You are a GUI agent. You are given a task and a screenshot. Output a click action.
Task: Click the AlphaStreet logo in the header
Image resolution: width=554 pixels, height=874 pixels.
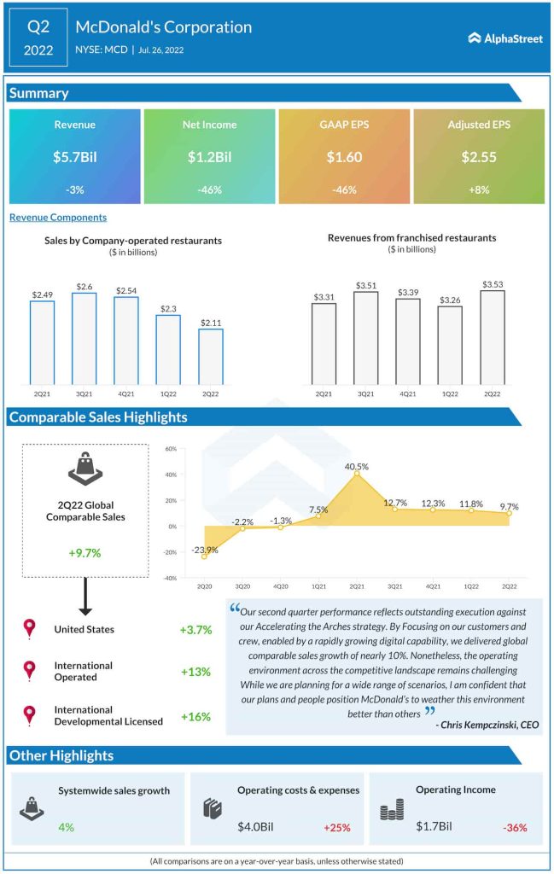click(x=505, y=38)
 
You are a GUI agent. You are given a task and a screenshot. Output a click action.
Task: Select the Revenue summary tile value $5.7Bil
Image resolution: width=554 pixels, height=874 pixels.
click(x=74, y=158)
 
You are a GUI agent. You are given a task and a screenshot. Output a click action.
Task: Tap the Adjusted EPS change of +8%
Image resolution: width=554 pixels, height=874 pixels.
click(x=479, y=189)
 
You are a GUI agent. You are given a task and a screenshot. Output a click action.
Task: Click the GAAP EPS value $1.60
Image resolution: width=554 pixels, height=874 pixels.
click(x=344, y=158)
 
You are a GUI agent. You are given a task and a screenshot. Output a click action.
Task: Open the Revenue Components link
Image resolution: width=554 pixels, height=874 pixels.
click(x=58, y=218)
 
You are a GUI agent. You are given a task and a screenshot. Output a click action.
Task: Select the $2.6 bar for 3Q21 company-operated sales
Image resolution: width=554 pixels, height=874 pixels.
click(x=84, y=338)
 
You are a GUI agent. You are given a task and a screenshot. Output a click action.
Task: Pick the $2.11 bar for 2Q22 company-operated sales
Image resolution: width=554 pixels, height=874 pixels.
click(x=211, y=356)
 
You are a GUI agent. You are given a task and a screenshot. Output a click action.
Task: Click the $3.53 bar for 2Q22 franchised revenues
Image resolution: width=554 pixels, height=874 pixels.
click(x=493, y=336)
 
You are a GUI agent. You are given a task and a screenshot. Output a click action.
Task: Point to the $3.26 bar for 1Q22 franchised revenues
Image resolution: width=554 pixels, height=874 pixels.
click(x=450, y=345)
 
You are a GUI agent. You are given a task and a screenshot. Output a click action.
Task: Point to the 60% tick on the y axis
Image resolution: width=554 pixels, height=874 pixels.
click(x=171, y=449)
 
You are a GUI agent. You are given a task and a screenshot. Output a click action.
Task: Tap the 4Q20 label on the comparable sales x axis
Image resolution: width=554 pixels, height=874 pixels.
click(x=281, y=587)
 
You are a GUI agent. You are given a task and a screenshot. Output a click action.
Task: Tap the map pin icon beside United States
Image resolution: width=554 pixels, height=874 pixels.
click(x=30, y=630)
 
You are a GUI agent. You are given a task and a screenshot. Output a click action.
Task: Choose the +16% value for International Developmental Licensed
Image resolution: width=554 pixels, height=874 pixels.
click(x=195, y=716)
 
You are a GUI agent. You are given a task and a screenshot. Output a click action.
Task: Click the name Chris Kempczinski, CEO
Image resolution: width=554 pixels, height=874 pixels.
click(x=487, y=725)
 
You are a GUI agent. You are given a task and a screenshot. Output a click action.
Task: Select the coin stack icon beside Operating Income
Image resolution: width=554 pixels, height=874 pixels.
click(x=392, y=809)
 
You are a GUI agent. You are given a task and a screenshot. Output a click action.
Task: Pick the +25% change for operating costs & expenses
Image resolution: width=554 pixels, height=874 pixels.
click(x=337, y=827)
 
